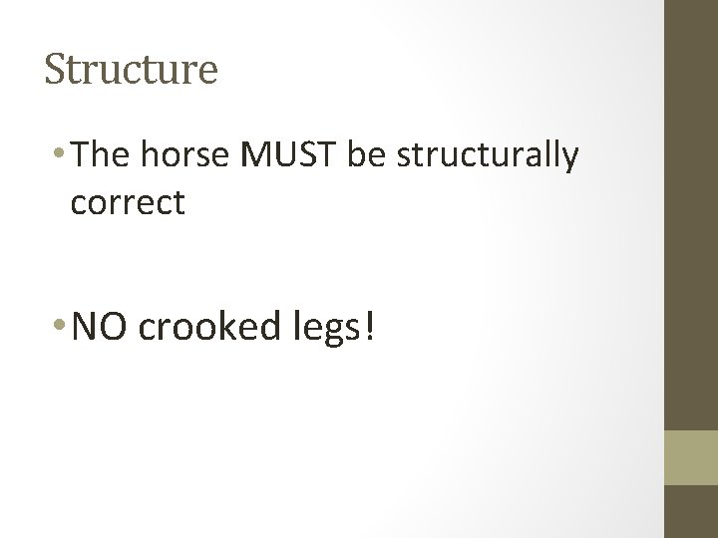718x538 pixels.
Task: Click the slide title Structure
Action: click(131, 71)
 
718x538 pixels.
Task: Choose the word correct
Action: click(128, 203)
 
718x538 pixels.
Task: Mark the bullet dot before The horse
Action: click(64, 156)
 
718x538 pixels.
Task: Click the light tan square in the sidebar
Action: click(691, 458)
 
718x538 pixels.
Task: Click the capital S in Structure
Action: click(55, 70)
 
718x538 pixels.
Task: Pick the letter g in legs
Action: click(325, 333)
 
